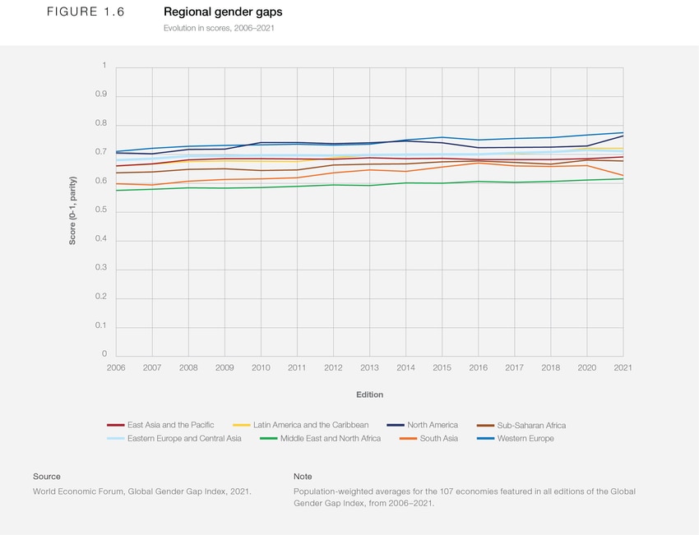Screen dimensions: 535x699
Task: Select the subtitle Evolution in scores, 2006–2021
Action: click(x=219, y=28)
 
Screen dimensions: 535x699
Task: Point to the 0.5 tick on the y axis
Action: click(x=101, y=211)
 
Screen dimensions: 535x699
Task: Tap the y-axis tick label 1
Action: click(x=104, y=66)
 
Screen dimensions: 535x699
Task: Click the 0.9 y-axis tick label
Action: click(x=101, y=95)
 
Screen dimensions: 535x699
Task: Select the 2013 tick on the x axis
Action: click(x=369, y=368)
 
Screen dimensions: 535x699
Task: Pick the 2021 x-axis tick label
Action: click(x=623, y=368)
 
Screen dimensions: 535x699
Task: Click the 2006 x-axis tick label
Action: click(x=116, y=368)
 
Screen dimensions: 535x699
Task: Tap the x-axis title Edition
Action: click(x=369, y=395)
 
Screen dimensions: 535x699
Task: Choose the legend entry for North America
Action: click(x=432, y=425)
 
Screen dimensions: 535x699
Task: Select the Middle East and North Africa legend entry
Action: click(x=330, y=438)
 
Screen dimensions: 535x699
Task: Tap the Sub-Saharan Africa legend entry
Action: click(x=531, y=426)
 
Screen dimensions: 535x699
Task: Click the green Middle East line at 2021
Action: click(x=623, y=178)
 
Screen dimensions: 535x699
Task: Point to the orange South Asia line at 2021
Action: click(x=623, y=176)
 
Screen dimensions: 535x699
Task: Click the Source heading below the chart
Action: click(x=47, y=477)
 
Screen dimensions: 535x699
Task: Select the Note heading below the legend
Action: click(x=303, y=477)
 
